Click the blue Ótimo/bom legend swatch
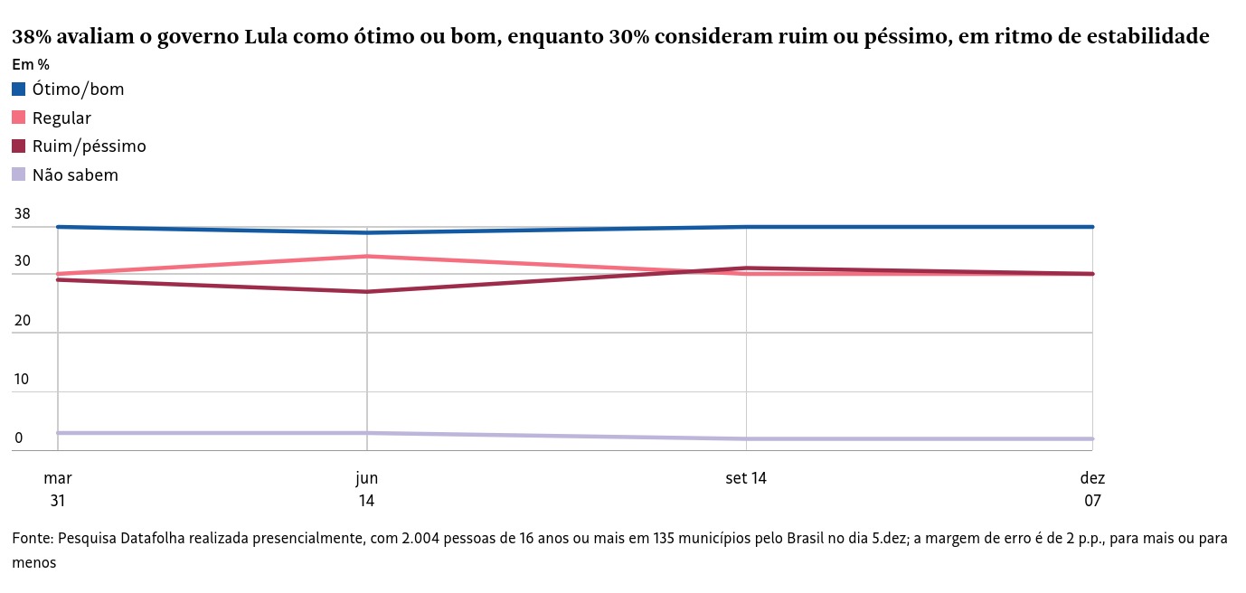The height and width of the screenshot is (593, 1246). (19, 89)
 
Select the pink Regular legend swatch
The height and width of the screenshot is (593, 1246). (19, 118)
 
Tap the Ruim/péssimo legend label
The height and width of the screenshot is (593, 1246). (89, 146)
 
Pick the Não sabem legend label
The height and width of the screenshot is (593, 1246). (75, 175)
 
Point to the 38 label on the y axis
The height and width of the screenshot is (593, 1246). (23, 215)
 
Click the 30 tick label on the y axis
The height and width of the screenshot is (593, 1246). (23, 261)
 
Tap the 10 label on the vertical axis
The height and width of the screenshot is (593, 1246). (23, 380)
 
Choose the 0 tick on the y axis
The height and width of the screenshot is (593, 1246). (18, 438)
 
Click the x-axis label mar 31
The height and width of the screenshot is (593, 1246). (57, 489)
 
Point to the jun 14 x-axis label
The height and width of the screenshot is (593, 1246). (366, 489)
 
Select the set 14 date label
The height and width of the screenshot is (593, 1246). (746, 478)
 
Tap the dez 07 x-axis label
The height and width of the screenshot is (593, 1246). (1092, 489)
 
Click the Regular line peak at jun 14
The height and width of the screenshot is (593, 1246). (366, 257)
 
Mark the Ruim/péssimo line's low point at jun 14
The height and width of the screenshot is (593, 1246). (366, 291)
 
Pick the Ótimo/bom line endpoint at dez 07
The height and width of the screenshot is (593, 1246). (1092, 227)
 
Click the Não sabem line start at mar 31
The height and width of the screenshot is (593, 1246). (58, 433)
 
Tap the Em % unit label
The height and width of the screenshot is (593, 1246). (31, 65)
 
